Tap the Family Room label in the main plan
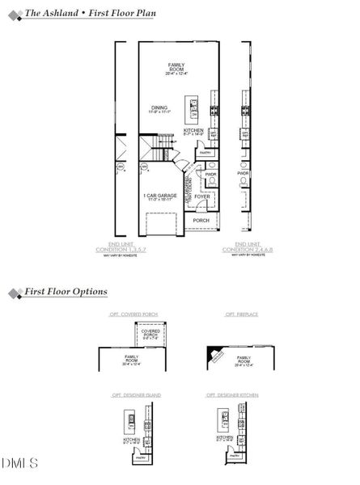[176, 70]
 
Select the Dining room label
[159, 111]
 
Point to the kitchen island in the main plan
[193, 112]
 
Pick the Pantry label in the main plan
[205, 153]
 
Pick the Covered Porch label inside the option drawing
[150, 335]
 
